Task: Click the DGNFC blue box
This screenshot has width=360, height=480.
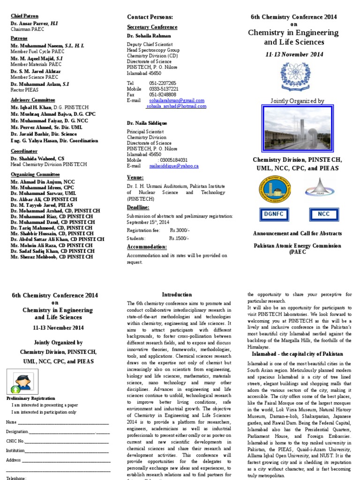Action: click(271, 214)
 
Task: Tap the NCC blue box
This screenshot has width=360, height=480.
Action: click(324, 214)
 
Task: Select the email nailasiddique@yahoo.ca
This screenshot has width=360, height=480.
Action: click(174, 165)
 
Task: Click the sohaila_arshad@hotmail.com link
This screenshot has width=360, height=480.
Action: click(176, 106)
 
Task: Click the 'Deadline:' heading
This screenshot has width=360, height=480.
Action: click(138, 207)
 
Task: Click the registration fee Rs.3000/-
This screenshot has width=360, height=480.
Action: click(179, 230)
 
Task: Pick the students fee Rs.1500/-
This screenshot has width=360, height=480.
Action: click(178, 239)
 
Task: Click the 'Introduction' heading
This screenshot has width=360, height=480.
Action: click(177, 294)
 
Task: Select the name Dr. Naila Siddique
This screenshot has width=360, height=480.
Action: click(147, 123)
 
